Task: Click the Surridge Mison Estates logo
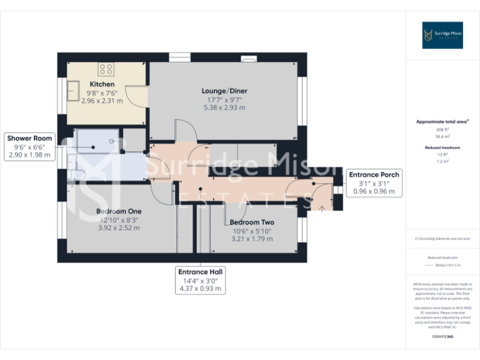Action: pos(442,35)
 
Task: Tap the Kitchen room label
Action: pos(102,84)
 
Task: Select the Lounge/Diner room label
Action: pos(224,91)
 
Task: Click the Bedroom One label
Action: pos(119,212)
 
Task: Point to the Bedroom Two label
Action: pos(251,222)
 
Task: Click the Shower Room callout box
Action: pos(29,146)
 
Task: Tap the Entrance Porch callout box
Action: pos(374,182)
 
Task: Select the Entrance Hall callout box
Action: pos(200,281)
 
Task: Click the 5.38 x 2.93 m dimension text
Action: pos(224,107)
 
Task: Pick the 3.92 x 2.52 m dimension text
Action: pos(119,228)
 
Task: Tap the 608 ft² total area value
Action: pos(442,129)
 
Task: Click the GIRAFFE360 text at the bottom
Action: pos(442,337)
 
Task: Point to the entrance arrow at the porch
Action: pos(322,208)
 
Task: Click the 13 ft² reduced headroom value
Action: pos(442,154)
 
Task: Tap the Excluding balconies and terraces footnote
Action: pos(442,239)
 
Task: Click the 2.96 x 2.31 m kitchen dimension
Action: pos(102,101)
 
